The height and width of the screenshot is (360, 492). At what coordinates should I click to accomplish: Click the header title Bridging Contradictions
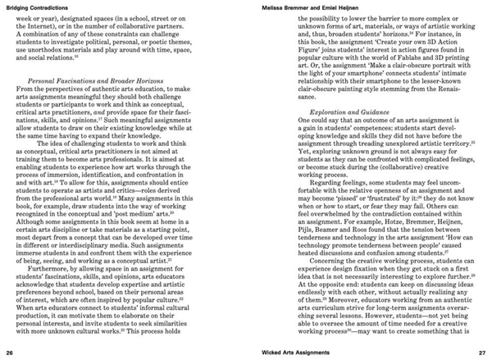[40, 7]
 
